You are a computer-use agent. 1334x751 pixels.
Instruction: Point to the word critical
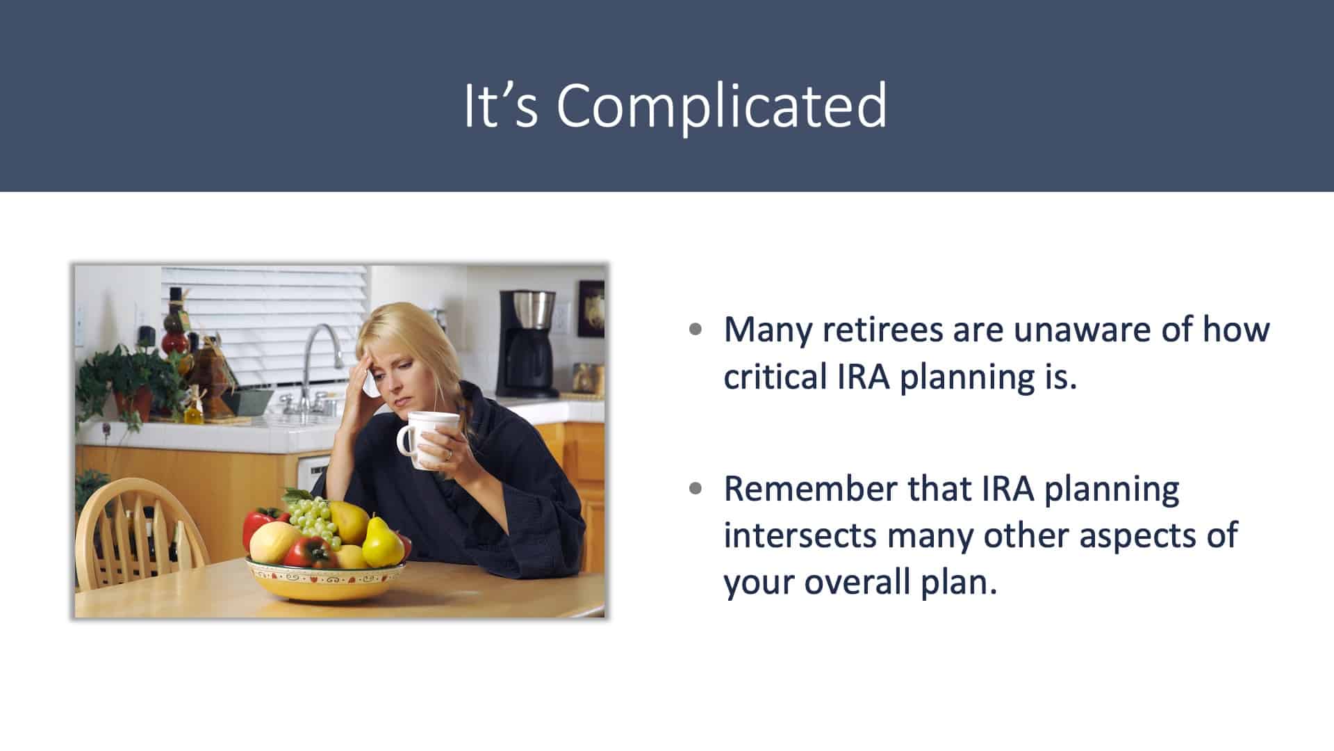point(771,376)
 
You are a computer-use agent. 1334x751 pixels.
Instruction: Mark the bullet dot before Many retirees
point(695,330)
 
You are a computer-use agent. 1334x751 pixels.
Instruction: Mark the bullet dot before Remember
point(695,490)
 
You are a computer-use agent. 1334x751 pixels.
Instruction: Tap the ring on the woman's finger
point(449,455)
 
